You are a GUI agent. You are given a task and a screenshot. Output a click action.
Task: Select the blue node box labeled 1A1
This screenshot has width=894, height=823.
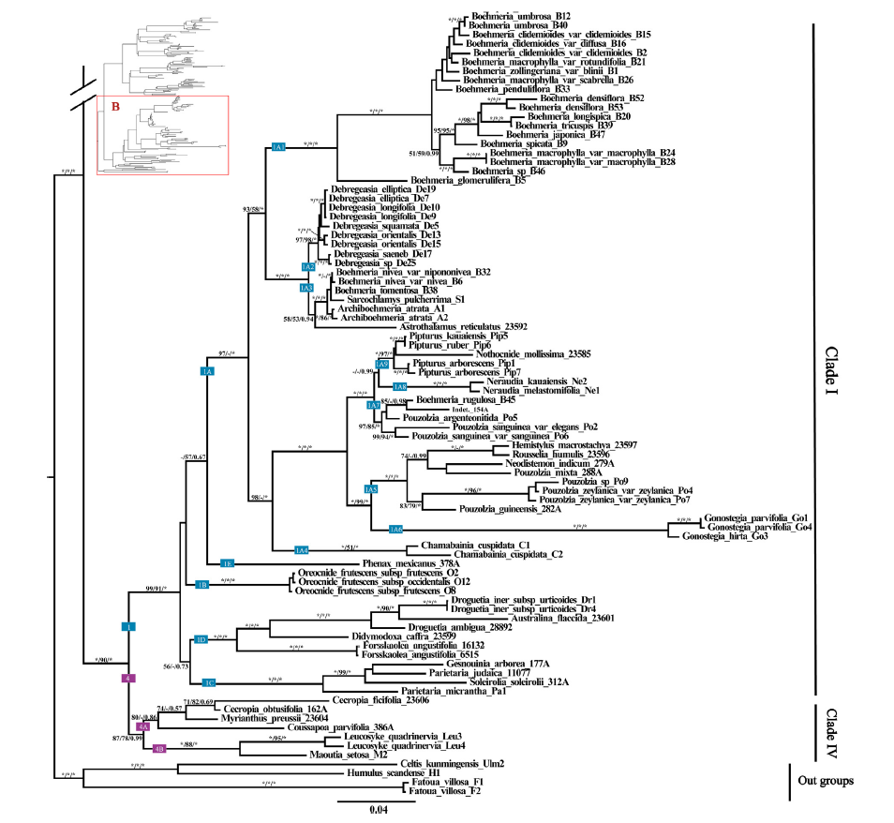(278, 147)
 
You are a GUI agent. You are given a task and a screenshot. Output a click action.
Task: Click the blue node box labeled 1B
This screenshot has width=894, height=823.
(201, 586)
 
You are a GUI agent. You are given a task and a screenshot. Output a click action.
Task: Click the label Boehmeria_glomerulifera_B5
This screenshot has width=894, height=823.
(467, 180)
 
